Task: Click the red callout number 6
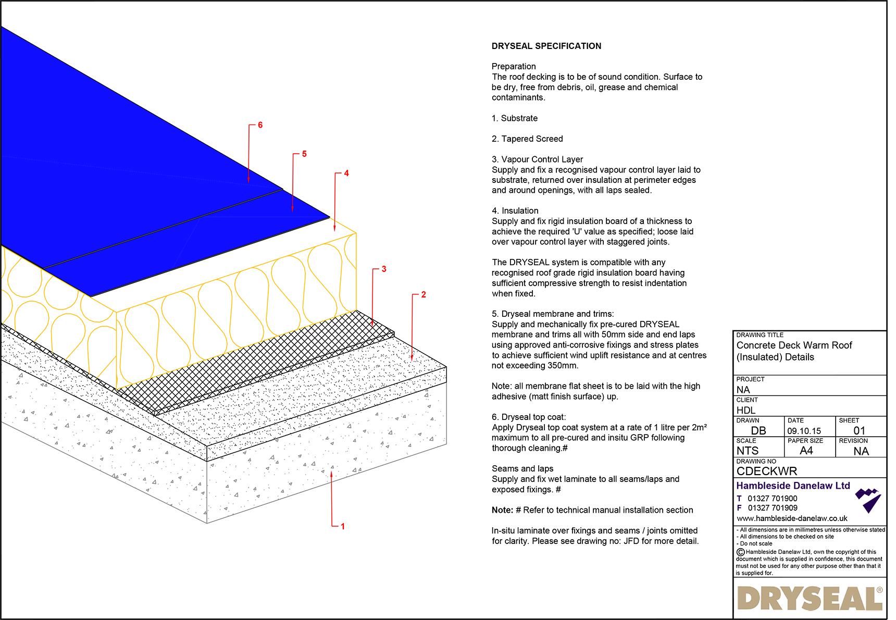(x=260, y=125)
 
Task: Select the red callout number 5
(x=304, y=154)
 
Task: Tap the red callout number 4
(x=346, y=173)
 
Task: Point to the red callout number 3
(x=384, y=269)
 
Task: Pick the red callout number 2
(x=424, y=295)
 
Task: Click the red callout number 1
(x=343, y=527)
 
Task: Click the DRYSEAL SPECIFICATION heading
(x=546, y=46)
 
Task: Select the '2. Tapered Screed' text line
(x=527, y=139)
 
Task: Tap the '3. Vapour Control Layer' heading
(x=537, y=159)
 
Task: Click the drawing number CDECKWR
(x=766, y=471)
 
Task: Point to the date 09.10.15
(x=804, y=431)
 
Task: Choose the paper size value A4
(x=806, y=451)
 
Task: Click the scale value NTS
(x=748, y=451)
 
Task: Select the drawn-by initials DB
(x=758, y=431)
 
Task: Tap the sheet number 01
(x=859, y=431)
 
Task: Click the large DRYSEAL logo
(x=810, y=599)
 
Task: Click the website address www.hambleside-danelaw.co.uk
(x=792, y=518)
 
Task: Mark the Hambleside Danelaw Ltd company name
(x=793, y=486)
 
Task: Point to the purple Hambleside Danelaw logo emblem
(x=868, y=500)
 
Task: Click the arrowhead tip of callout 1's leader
(x=332, y=472)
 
